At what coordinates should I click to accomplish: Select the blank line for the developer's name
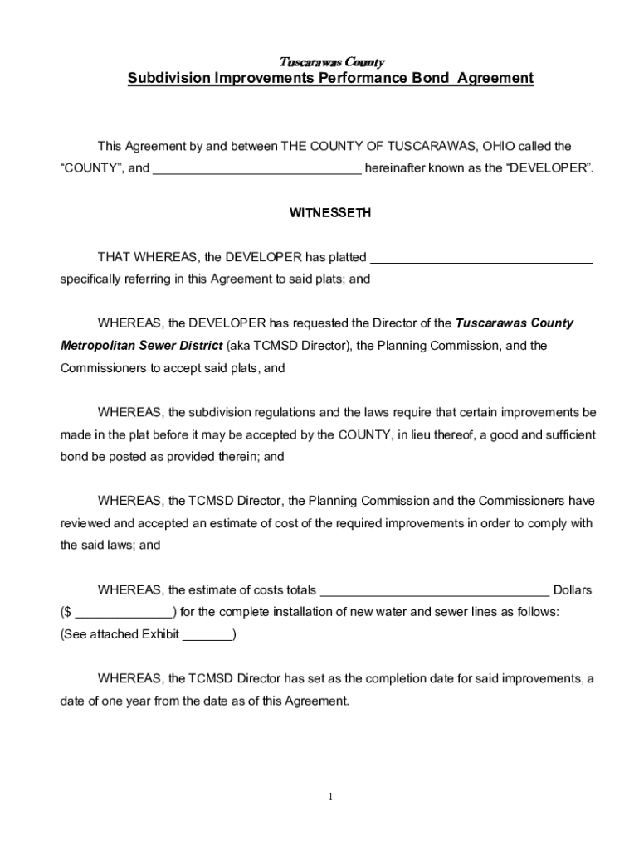point(257,169)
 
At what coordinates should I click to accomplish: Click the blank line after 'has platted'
point(481,258)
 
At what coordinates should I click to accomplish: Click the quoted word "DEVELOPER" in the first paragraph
point(549,168)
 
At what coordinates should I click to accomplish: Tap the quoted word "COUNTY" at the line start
point(92,168)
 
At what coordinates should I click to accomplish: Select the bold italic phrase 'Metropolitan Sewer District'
point(141,345)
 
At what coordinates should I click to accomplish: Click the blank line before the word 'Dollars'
point(434,591)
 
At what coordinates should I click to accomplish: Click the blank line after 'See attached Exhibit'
point(207,636)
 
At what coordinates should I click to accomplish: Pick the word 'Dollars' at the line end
point(573,590)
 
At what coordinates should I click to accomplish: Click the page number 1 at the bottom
point(330,798)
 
